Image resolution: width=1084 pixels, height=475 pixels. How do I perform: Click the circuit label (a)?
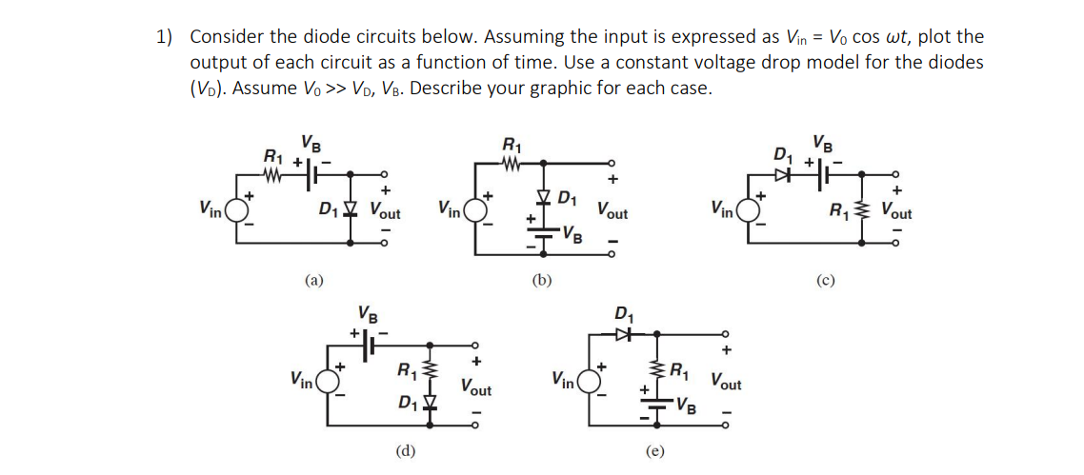coord(313,280)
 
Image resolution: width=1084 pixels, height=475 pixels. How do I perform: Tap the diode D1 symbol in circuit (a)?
coord(352,208)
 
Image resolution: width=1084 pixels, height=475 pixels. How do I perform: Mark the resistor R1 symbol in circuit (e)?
coord(655,370)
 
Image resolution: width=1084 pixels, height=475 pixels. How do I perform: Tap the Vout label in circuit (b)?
coord(612,210)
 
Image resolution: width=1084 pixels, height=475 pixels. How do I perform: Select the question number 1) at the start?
coord(165,37)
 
